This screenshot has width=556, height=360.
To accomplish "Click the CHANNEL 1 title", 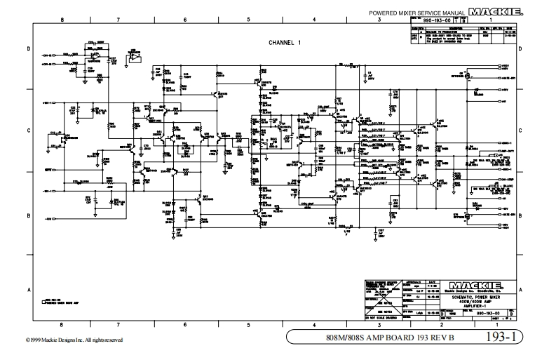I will (x=285, y=43).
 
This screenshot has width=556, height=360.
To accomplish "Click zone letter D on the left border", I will (x=28, y=48).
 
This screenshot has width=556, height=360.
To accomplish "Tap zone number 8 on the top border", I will (x=62, y=20).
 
